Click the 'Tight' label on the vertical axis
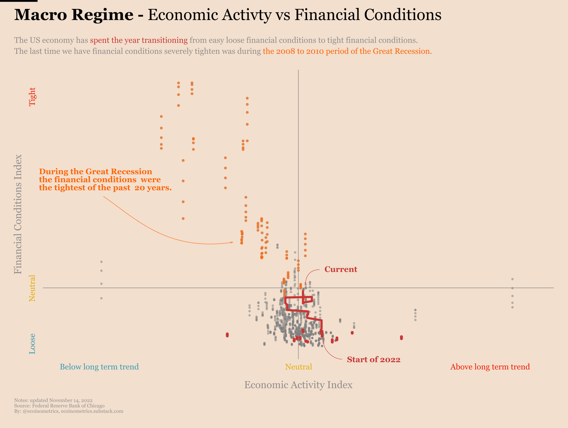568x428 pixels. (x=32, y=97)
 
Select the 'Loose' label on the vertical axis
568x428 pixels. (x=32, y=343)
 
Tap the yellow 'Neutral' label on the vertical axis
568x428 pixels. (x=32, y=288)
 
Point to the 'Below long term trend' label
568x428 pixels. (x=99, y=367)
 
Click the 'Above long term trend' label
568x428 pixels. (x=490, y=367)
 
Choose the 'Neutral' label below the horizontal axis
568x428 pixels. (x=299, y=367)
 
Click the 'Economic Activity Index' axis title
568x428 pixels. (x=298, y=385)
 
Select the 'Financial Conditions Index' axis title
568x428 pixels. (x=18, y=214)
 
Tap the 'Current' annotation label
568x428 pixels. (x=341, y=269)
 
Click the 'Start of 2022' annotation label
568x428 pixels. (x=373, y=359)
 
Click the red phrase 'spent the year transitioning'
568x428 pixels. (x=139, y=40)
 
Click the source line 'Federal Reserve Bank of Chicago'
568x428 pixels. (x=68, y=406)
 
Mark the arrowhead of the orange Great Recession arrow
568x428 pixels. (x=232, y=242)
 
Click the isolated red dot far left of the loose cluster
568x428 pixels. (x=227, y=335)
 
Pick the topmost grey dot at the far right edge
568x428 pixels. (x=512, y=279)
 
